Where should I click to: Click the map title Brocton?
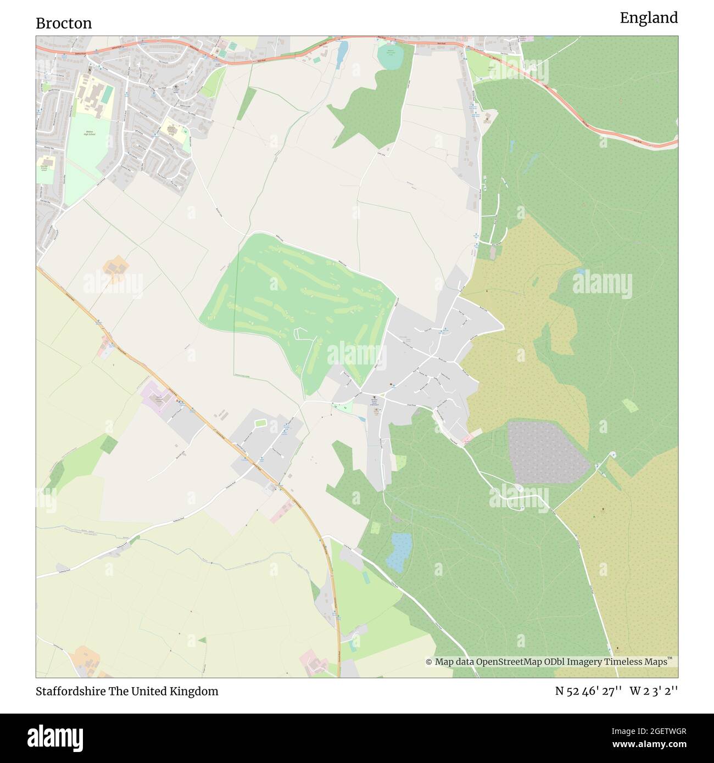pyautogui.click(x=64, y=24)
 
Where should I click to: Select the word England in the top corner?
pyautogui.click(x=649, y=18)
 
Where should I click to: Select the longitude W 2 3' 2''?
pyautogui.click(x=654, y=691)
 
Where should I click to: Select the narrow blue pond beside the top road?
pyautogui.click(x=342, y=51)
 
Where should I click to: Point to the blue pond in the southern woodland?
pyautogui.click(x=399, y=551)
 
